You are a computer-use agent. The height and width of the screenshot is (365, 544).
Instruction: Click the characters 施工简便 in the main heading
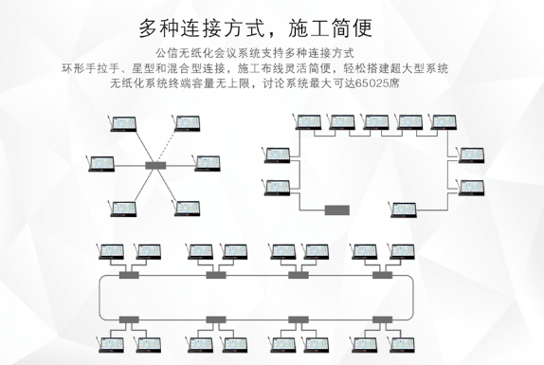click(330, 28)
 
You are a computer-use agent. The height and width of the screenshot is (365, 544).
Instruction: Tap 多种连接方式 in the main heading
click(202, 28)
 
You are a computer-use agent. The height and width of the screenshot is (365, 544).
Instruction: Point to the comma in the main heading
click(274, 34)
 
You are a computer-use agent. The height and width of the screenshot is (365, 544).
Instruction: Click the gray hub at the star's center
click(155, 166)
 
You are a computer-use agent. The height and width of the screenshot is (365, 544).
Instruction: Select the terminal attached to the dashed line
click(188, 123)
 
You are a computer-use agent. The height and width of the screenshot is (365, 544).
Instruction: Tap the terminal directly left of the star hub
click(101, 163)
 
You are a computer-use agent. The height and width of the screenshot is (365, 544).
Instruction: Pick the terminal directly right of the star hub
click(208, 163)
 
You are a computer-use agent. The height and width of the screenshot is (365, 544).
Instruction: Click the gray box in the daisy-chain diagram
click(336, 210)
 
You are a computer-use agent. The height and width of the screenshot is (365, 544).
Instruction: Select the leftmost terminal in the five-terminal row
click(308, 121)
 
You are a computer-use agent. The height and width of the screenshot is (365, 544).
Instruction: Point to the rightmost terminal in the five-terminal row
click(444, 121)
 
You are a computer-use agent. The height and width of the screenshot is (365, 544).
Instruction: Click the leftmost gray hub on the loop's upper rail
click(129, 275)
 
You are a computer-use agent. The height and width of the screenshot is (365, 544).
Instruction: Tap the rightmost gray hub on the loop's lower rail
click(382, 319)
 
